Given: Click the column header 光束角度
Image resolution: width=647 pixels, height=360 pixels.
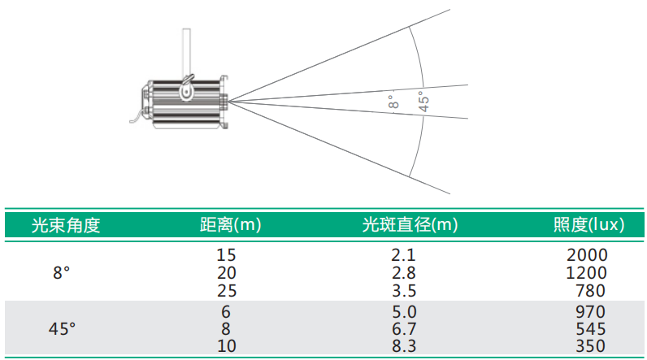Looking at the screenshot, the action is (66, 225).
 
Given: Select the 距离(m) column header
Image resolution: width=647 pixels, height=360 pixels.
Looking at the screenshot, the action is (230, 225).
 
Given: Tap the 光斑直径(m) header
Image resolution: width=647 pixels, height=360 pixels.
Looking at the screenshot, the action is (410, 225).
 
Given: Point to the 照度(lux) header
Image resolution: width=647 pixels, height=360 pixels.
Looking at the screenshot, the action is (588, 225).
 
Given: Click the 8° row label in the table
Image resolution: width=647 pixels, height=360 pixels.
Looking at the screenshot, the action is (61, 273).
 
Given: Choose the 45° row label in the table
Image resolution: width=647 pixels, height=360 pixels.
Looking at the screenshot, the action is (62, 329).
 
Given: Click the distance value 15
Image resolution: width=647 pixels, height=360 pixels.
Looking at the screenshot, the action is (226, 255).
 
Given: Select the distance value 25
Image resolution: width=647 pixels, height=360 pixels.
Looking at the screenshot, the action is (227, 291).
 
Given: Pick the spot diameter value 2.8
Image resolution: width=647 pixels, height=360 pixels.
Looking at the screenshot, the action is (403, 273).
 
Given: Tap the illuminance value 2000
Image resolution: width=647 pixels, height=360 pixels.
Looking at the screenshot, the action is (587, 255).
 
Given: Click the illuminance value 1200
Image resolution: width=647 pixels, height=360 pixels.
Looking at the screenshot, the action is (586, 273).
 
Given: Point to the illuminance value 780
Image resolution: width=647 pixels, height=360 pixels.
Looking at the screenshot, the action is (591, 291).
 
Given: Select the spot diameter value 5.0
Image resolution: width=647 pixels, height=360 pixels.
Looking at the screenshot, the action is (404, 312).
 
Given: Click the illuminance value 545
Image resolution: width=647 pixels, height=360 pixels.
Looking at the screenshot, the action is (591, 329).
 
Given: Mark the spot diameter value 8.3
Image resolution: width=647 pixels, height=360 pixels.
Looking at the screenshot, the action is (404, 346).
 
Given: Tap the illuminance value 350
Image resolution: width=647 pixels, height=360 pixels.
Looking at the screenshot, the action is (591, 346).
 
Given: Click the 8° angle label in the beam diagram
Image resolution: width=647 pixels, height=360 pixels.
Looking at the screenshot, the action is (393, 102).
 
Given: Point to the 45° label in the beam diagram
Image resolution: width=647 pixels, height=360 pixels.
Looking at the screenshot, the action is (423, 102).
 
